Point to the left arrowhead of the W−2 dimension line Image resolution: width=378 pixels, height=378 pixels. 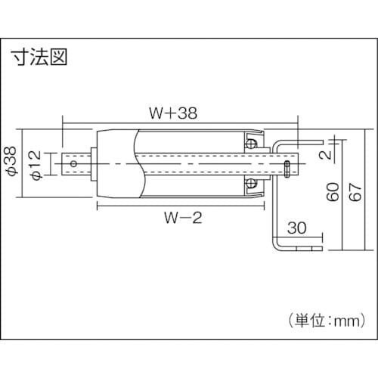tap(98, 204)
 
